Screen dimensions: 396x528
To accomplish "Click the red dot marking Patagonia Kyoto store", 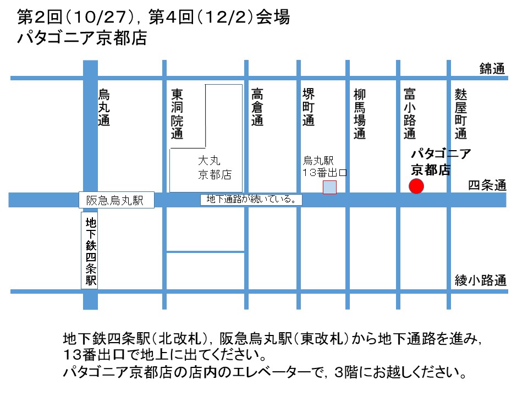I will coord(416,186).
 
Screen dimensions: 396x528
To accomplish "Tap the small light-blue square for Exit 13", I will coord(329,187).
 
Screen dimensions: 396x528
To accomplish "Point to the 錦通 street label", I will coord(492,69).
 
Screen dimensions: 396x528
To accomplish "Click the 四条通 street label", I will coord(487,186).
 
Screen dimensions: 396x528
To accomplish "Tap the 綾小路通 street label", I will coord(480,280).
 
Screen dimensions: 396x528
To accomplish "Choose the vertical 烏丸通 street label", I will coord(104,107).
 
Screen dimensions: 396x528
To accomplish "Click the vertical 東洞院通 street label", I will coord(177,113).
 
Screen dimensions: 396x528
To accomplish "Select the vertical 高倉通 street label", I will coord(257,107).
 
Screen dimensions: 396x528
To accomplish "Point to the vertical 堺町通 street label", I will coord(309,107).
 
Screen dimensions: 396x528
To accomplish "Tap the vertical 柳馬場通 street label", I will coord(360,113).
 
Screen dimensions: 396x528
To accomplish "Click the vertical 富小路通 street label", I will coord(410,113).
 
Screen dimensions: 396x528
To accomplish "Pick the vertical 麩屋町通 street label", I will coord(461,113).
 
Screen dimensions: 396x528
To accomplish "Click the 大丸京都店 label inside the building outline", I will coord(215,168).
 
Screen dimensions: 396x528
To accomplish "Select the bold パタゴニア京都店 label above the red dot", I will coord(441,162).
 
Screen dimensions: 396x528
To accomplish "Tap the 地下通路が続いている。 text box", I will coord(251,199).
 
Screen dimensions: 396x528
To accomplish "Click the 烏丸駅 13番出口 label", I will coord(326,166).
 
